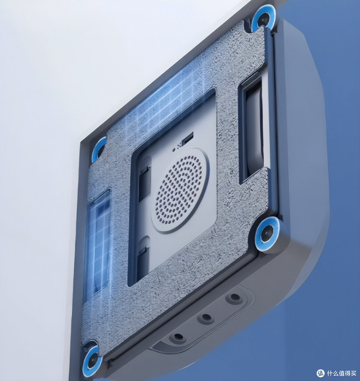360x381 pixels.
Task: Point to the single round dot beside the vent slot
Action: point(174,150)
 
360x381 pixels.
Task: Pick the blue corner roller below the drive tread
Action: point(267,233)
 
